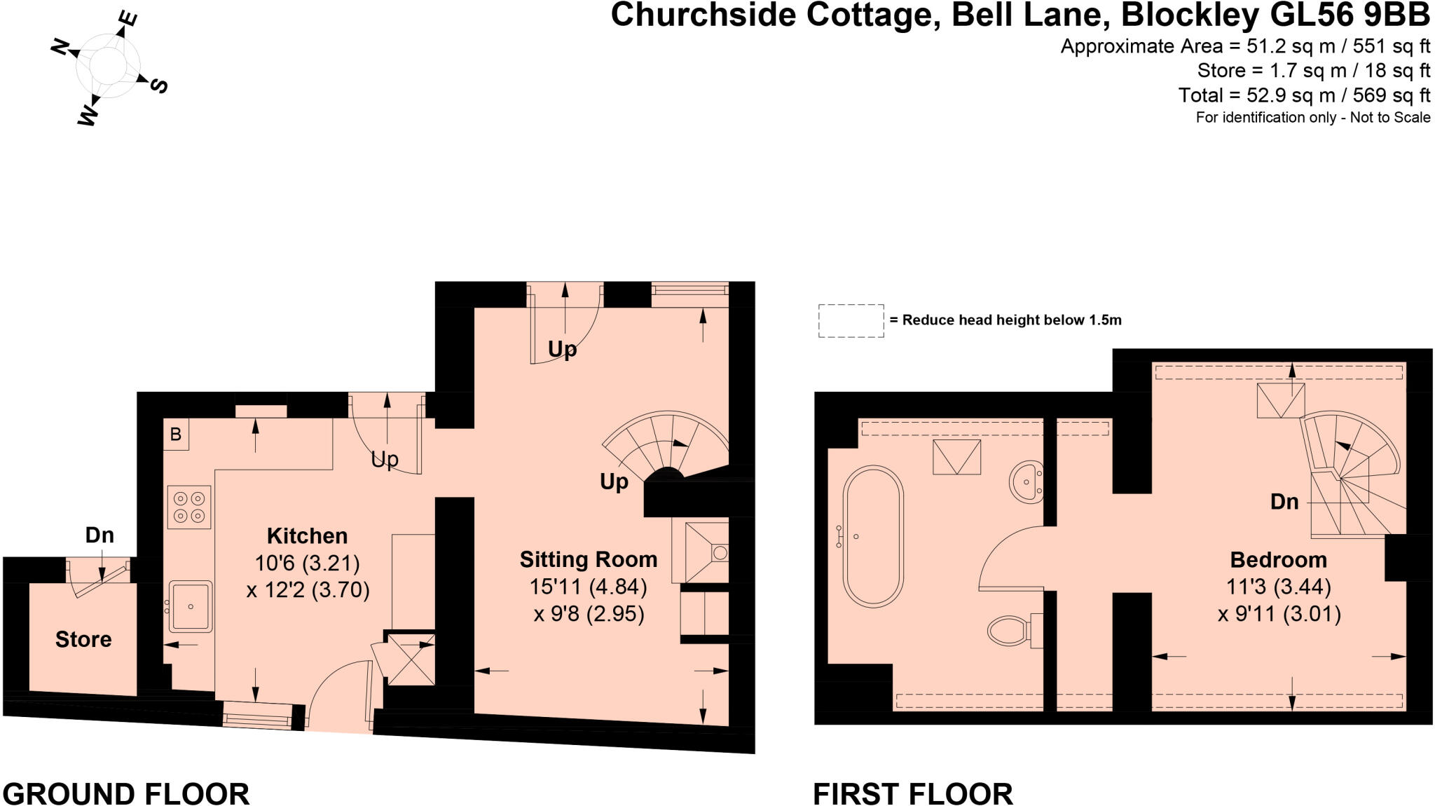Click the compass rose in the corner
(x=109, y=66)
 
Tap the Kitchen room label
(x=307, y=536)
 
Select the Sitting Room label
(x=589, y=559)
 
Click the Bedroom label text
(x=1278, y=560)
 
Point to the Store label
(x=83, y=639)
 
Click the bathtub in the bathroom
(x=873, y=537)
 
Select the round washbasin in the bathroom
(x=1027, y=482)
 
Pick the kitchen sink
(x=190, y=606)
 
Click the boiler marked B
(x=175, y=435)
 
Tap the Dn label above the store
(x=99, y=535)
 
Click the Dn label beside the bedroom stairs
(x=1284, y=502)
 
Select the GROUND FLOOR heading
(x=126, y=794)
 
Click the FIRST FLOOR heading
(x=912, y=794)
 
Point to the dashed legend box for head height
(x=851, y=321)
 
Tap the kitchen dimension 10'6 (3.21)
(x=307, y=563)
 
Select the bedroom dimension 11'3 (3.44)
(x=1278, y=587)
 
